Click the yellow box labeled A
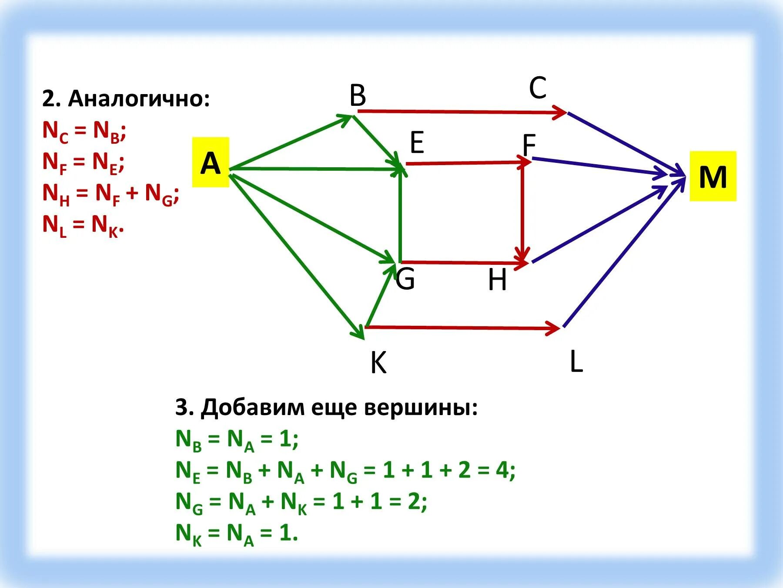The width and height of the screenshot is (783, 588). pos(211,162)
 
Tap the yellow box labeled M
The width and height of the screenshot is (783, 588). pos(713,176)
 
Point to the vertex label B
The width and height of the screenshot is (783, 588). pos(358,96)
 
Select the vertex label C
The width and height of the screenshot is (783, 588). pos(538,88)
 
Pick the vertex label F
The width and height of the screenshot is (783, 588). pos(529,145)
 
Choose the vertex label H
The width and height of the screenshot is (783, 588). pos(497,280)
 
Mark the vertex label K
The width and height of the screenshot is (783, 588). pos(378,362)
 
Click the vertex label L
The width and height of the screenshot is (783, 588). pos(576,362)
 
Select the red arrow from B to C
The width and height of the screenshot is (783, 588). pos(461,112)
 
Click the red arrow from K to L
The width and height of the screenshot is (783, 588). pos(461,328)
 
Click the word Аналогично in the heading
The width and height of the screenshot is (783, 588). pos(139,99)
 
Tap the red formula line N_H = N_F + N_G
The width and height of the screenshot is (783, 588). pos(110,193)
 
